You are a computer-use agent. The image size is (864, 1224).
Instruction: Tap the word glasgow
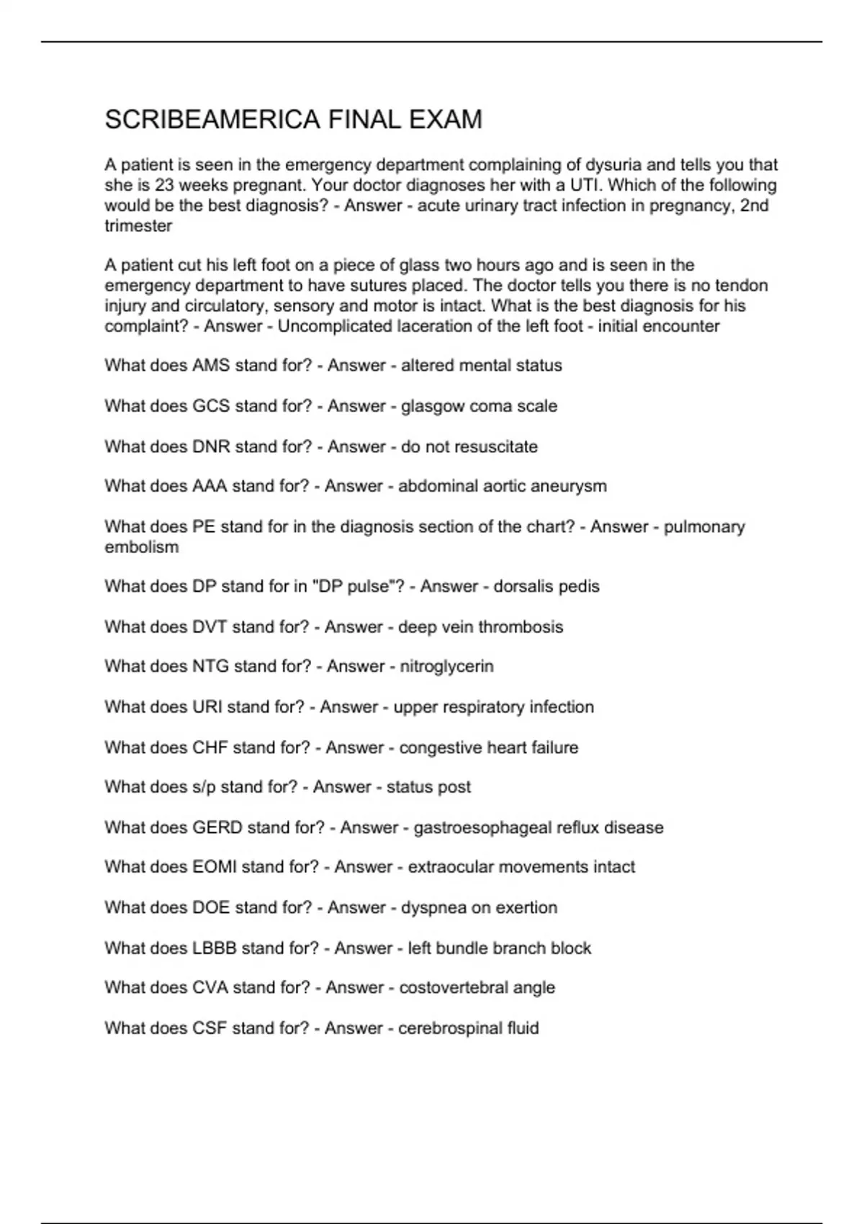[x=433, y=406]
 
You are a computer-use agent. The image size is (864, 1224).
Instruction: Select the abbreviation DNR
[x=211, y=446]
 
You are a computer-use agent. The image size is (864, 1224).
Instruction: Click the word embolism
[x=141, y=547]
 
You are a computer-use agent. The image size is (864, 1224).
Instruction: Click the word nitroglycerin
[x=446, y=667]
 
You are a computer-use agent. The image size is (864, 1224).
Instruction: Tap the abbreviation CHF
[x=210, y=747]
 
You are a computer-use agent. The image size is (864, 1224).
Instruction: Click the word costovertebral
[x=451, y=988]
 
